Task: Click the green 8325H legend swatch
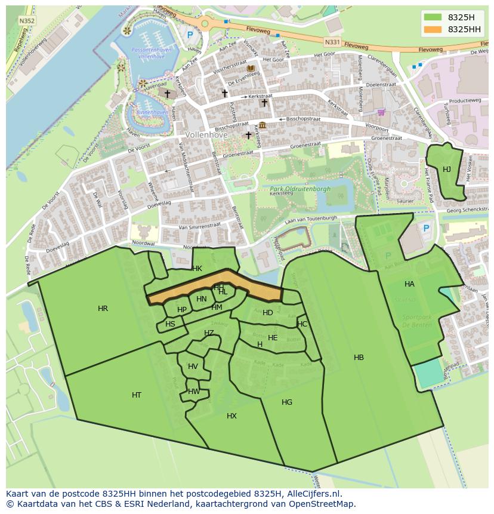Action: [433, 17]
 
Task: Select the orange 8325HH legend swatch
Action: [433, 29]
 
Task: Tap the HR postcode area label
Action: [103, 309]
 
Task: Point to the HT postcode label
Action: [137, 395]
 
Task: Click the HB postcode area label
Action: [359, 358]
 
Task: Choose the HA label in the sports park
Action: [409, 284]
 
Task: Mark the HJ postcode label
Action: [446, 170]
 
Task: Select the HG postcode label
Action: [287, 402]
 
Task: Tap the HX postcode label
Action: [231, 416]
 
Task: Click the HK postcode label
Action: [197, 269]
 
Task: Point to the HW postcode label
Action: [194, 392]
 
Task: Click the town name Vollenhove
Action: [206, 135]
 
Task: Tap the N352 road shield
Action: [26, 20]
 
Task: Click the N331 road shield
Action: [332, 42]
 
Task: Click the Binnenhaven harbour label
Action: [152, 112]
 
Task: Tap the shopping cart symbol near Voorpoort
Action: [381, 112]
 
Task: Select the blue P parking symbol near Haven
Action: [190, 35]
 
